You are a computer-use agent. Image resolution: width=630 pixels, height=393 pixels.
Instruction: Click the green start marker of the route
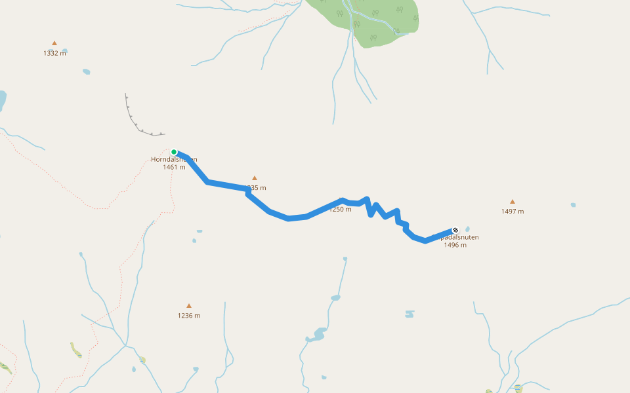click(174, 152)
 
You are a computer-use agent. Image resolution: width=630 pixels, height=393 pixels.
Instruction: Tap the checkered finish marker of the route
click(455, 230)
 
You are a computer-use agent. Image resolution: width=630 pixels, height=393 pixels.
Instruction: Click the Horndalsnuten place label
click(174, 159)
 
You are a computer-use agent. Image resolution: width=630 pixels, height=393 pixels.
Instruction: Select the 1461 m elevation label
click(174, 167)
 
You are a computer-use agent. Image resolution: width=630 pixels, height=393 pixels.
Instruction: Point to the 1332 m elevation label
click(54, 53)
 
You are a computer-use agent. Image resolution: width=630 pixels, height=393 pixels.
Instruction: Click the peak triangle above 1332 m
click(54, 43)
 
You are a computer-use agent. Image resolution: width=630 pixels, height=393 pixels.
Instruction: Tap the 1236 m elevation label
click(189, 316)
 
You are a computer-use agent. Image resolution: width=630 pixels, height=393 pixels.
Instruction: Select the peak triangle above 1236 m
click(189, 306)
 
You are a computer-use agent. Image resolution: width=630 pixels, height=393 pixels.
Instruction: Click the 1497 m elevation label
click(513, 212)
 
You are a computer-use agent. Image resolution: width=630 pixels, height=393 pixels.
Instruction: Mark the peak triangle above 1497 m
click(513, 202)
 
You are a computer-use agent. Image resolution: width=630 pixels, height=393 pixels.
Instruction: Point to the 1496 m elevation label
click(455, 245)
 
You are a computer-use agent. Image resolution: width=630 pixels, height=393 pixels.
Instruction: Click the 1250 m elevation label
click(341, 210)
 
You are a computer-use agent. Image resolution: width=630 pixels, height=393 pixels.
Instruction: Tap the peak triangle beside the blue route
click(255, 178)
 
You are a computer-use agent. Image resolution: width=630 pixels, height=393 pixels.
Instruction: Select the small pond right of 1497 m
click(573, 205)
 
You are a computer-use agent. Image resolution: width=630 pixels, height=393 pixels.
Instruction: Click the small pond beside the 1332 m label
click(64, 50)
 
